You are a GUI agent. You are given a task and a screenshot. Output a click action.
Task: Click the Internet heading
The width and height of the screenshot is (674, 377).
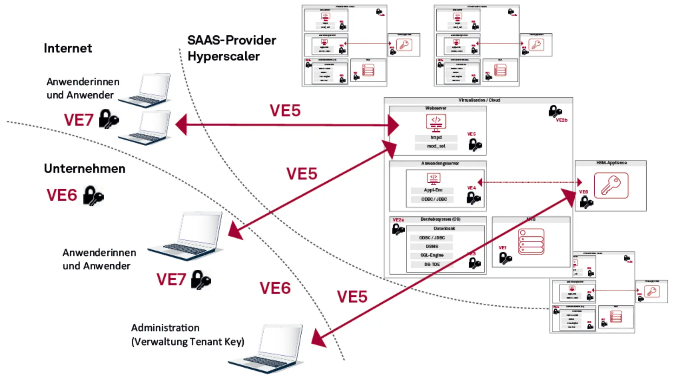68,48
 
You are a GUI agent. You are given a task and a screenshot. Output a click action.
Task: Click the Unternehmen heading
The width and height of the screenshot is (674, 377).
85,169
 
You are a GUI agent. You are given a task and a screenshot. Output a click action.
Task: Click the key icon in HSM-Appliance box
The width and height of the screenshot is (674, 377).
611,186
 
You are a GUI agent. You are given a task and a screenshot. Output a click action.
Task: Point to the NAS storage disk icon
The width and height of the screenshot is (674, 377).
531,242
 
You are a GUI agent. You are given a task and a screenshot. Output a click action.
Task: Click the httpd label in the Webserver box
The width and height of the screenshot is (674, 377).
436,138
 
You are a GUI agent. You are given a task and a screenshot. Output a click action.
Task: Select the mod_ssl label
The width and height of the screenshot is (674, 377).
436,146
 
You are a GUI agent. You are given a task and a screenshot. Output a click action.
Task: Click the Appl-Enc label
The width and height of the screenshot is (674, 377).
433,190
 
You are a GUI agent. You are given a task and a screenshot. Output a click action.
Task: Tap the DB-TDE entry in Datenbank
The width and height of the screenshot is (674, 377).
432,264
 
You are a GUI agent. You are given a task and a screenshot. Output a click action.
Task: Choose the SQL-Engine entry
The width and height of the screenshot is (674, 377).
432,255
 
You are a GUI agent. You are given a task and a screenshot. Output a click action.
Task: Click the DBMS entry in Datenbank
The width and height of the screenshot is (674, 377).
432,247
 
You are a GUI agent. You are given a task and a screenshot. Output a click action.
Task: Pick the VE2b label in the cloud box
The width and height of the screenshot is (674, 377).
561,120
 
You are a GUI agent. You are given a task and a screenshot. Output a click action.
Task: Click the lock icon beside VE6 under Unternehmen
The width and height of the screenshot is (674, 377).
93,195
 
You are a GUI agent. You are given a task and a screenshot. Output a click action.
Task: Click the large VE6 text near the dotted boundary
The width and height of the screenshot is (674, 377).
275,288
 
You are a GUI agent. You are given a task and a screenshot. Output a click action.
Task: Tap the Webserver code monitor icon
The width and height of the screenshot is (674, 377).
436,123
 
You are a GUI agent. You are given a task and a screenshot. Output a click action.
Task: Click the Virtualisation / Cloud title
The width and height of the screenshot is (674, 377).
479,100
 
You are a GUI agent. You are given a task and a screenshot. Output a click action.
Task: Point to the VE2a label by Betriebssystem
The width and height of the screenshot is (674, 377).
398,220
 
